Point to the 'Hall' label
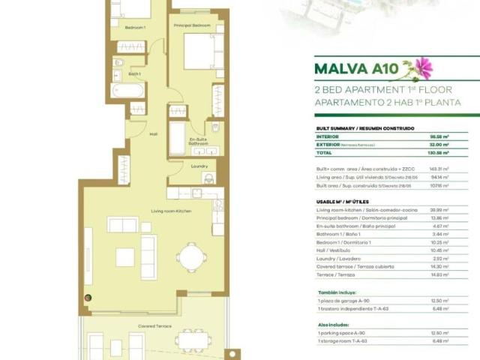coord(153,134)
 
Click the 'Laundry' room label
coord(199,166)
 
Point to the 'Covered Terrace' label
coord(154,326)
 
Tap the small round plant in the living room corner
coord(89,298)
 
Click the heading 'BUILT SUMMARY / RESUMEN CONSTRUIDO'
coord(366,128)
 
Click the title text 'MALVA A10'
coord(356,70)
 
